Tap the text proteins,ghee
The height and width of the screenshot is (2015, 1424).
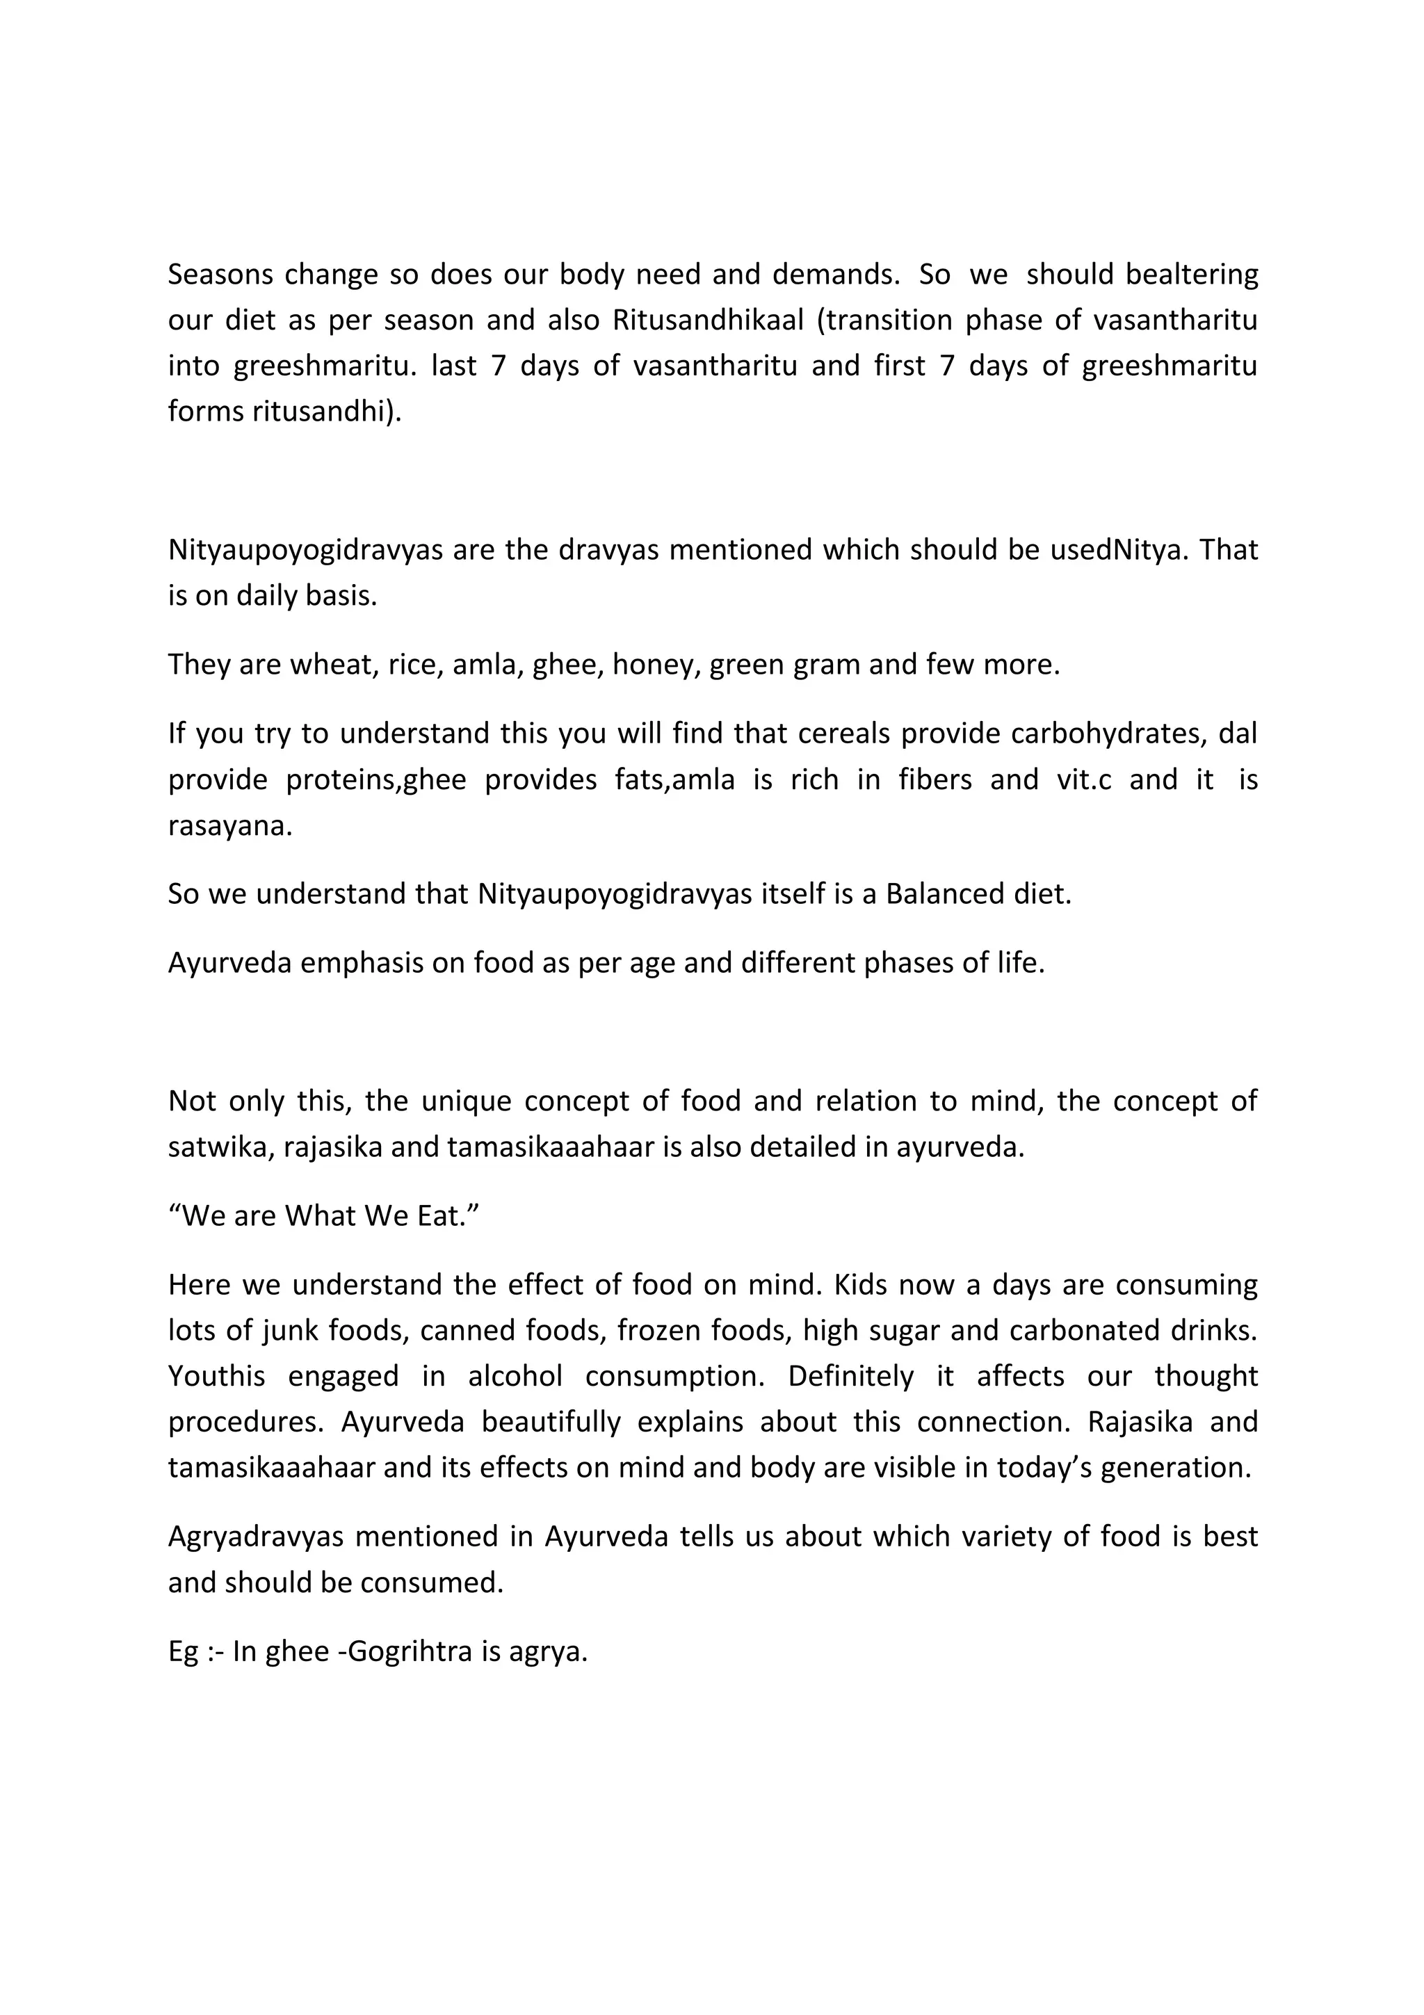pos(376,779)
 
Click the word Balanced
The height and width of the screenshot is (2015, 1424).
pos(934,894)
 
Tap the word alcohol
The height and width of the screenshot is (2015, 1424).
pos(515,1376)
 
